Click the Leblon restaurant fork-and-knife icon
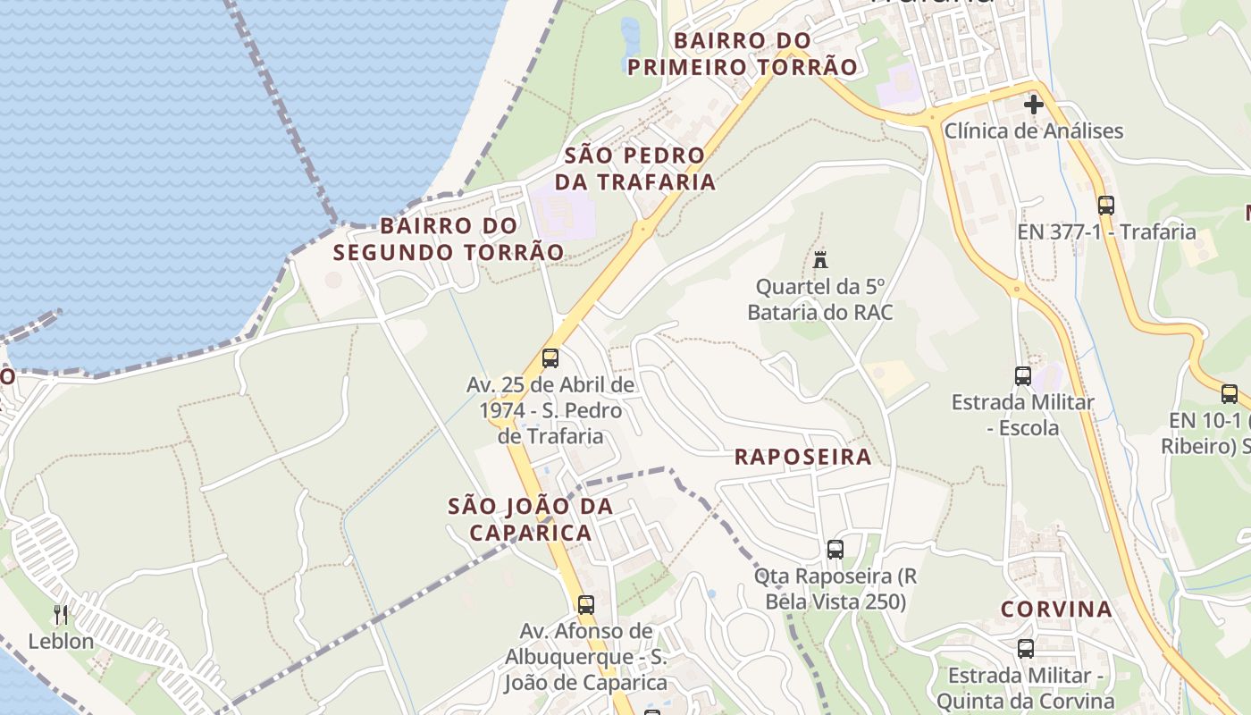[61, 614]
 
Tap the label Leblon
[61, 642]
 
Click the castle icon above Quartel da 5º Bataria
[820, 260]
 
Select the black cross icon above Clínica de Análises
[1034, 105]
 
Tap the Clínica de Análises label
[1033, 130]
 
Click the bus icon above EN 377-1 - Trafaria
[1106, 205]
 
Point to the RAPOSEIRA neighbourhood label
[802, 457]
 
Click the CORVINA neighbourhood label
[1056, 610]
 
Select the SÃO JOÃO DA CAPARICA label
[531, 519]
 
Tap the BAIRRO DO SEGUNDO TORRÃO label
[449, 239]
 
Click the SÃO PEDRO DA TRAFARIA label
[635, 168]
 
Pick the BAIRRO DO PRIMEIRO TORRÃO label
[743, 54]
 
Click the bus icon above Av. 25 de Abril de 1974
[550, 358]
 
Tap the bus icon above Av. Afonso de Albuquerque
[586, 604]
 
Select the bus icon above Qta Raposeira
[835, 550]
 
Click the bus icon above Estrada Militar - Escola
[1023, 375]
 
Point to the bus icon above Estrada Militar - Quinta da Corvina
[1026, 649]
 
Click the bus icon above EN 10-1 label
[1230, 393]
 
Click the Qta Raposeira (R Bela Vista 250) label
[835, 588]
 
